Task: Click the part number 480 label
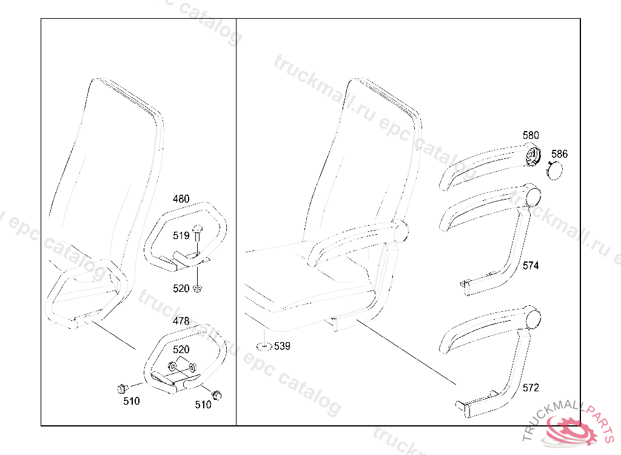(181, 199)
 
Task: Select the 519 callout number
(181, 235)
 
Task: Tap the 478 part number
(181, 321)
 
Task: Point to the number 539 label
(282, 346)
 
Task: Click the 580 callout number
(531, 135)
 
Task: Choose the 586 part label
(560, 154)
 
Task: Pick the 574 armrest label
(531, 266)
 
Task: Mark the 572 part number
(531, 388)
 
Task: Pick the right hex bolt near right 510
(216, 394)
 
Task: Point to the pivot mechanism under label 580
(533, 157)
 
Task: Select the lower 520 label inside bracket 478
(181, 349)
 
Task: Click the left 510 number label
(131, 401)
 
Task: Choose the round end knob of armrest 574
(534, 196)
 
